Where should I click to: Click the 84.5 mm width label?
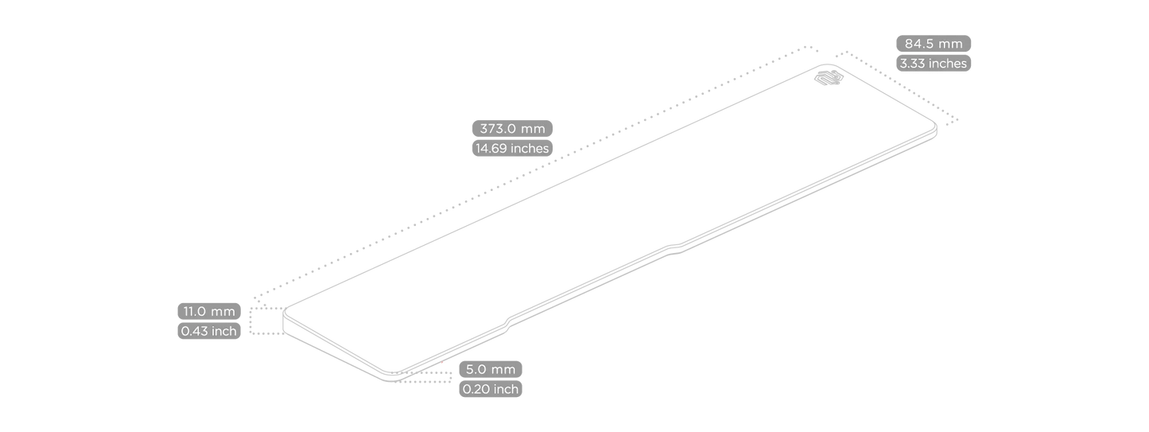pyautogui.click(x=933, y=44)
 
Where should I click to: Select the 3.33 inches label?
pyautogui.click(x=933, y=64)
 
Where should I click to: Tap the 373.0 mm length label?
pyautogui.click(x=512, y=128)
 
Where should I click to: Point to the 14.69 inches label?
pyautogui.click(x=512, y=148)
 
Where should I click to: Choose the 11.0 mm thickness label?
pyautogui.click(x=209, y=311)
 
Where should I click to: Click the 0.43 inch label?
pyautogui.click(x=209, y=331)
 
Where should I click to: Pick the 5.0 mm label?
pyautogui.click(x=491, y=369)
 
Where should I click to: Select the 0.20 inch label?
pyautogui.click(x=491, y=389)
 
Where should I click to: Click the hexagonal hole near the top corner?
pyautogui.click(x=829, y=77)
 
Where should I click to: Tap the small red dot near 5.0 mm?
pyautogui.click(x=443, y=364)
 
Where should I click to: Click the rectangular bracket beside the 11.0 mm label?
pyautogui.click(x=266, y=321)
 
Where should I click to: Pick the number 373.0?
pyautogui.click(x=499, y=128)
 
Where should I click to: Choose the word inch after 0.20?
pyautogui.click(x=506, y=389)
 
